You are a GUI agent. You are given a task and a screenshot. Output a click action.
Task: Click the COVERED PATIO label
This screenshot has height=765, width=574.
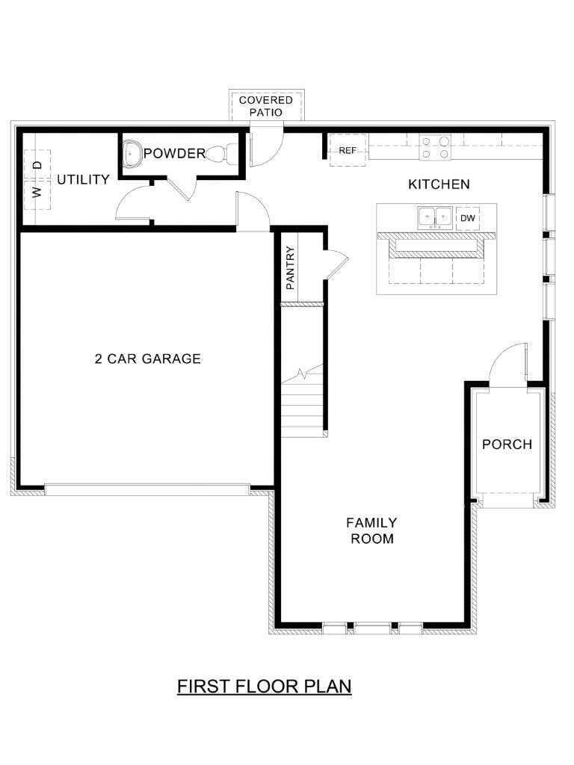[x=265, y=106]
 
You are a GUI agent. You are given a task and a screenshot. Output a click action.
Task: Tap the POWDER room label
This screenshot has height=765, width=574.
[x=174, y=153]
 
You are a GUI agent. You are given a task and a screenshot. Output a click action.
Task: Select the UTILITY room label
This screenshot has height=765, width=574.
[x=83, y=179]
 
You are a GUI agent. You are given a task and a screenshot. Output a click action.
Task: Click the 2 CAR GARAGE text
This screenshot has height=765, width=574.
[x=148, y=359]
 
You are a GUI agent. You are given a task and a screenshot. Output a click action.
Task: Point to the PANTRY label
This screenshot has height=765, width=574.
[x=290, y=268]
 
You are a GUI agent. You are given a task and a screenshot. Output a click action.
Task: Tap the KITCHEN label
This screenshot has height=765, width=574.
[x=439, y=184]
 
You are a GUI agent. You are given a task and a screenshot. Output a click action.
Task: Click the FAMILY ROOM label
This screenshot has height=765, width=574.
[x=371, y=530]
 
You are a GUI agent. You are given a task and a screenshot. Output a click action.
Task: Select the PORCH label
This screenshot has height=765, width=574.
[x=507, y=444]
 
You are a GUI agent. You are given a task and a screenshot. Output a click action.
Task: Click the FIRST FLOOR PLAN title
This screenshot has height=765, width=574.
[x=264, y=686]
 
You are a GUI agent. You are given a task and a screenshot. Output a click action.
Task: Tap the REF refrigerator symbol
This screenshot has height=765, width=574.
[x=348, y=150]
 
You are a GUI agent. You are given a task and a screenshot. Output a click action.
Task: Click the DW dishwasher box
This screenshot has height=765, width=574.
[x=468, y=218]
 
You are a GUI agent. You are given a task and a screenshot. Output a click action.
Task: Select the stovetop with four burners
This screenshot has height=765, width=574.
[x=436, y=148]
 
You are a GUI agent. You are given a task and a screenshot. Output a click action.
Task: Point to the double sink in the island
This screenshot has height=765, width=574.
[x=434, y=217]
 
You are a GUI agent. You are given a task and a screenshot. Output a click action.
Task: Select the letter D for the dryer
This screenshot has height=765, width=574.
[x=38, y=165]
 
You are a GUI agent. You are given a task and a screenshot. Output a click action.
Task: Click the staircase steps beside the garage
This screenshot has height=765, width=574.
[x=302, y=400]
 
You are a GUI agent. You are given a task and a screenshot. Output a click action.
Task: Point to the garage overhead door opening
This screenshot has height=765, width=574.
[x=147, y=489]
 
